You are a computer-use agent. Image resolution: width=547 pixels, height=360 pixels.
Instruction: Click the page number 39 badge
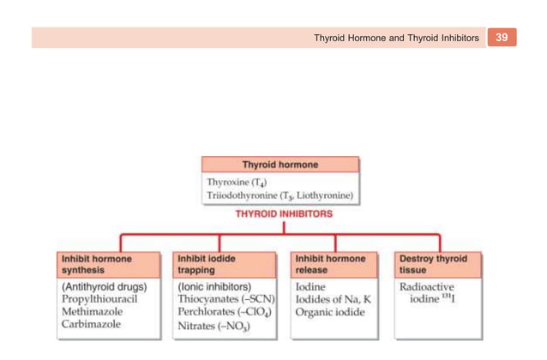coord(502,38)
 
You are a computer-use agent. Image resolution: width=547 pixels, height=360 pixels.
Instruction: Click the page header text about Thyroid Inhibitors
coord(395,39)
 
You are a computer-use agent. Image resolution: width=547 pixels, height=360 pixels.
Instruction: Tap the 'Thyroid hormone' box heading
coord(280,165)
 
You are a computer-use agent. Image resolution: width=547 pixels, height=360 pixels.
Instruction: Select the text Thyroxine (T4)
coord(237,182)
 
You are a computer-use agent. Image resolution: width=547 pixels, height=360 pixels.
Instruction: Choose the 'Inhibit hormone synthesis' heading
coord(96,263)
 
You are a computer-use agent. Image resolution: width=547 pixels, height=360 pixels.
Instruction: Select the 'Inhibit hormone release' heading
coord(330,263)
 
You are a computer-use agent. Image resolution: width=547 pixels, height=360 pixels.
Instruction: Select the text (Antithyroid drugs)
coord(104,286)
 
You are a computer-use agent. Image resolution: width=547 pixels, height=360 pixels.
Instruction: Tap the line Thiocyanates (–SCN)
coord(225,299)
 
